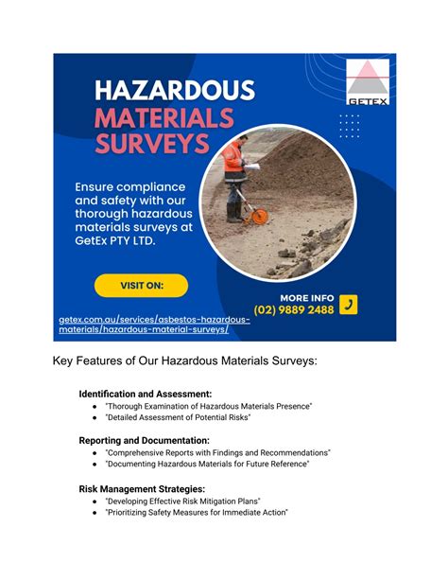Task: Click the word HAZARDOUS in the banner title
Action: (175, 92)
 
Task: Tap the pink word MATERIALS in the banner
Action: (165, 119)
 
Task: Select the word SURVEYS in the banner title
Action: (153, 147)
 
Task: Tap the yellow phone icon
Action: (348, 305)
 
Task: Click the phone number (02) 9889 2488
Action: (294, 310)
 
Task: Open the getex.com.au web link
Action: (153, 325)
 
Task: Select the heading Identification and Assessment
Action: (145, 393)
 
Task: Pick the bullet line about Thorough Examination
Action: (208, 405)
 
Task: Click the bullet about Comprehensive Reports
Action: (217, 453)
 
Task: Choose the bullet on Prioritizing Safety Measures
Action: (196, 513)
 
